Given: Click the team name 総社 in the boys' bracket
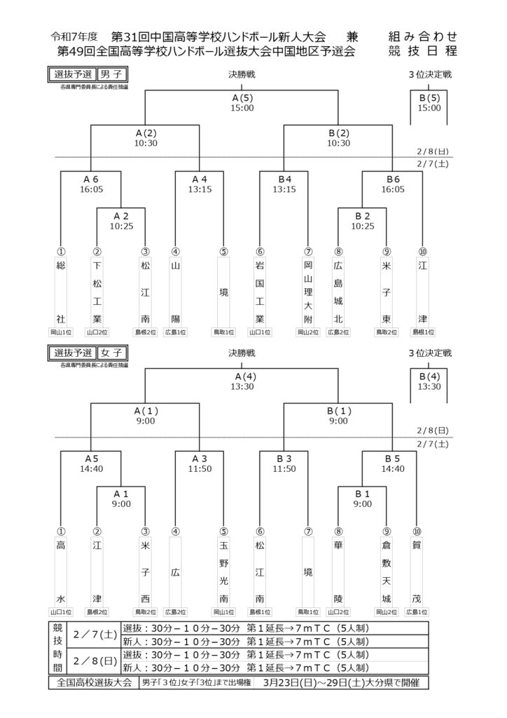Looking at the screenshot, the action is [61, 292].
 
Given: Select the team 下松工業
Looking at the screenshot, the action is [97, 292].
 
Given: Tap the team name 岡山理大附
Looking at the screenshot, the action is [308, 292].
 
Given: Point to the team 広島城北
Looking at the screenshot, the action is [338, 292].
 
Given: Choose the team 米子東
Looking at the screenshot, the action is [387, 292].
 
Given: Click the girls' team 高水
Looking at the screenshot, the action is [61, 572].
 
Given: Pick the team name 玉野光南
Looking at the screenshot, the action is [223, 572].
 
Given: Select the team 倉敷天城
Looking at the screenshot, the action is [387, 572].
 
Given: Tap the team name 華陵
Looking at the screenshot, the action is [338, 572].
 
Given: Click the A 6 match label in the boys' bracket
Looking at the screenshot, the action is [91, 179].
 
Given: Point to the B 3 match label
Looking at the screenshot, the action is [284, 459].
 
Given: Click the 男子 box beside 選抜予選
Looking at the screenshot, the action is [111, 74].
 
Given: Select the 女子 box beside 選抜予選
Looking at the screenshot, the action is [111, 353].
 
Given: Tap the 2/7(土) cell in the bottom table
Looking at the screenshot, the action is [95, 635].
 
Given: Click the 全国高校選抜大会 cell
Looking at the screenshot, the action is [94, 682].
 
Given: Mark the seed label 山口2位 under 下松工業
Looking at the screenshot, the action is [97, 332].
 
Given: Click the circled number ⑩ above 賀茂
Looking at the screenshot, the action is [417, 531].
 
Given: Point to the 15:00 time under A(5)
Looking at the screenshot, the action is [242, 108].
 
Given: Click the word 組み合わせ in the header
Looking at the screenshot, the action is [422, 36].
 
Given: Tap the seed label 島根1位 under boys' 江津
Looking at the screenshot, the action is [422, 332].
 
